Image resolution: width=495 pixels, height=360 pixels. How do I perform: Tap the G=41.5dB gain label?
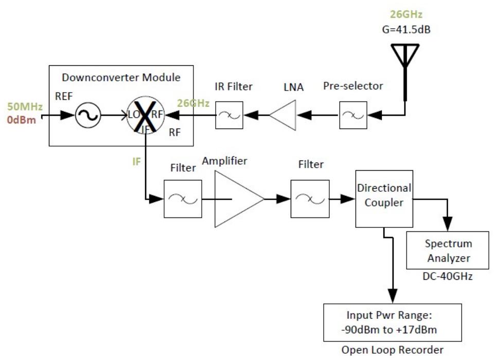404,29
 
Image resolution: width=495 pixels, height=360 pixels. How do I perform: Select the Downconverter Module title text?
121,78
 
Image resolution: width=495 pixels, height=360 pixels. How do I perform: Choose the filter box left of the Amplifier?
183,199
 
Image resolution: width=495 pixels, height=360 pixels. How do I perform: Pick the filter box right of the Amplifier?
309,199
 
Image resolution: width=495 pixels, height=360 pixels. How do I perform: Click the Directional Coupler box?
384,199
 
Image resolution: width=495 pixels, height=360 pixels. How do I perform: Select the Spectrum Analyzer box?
448,250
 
